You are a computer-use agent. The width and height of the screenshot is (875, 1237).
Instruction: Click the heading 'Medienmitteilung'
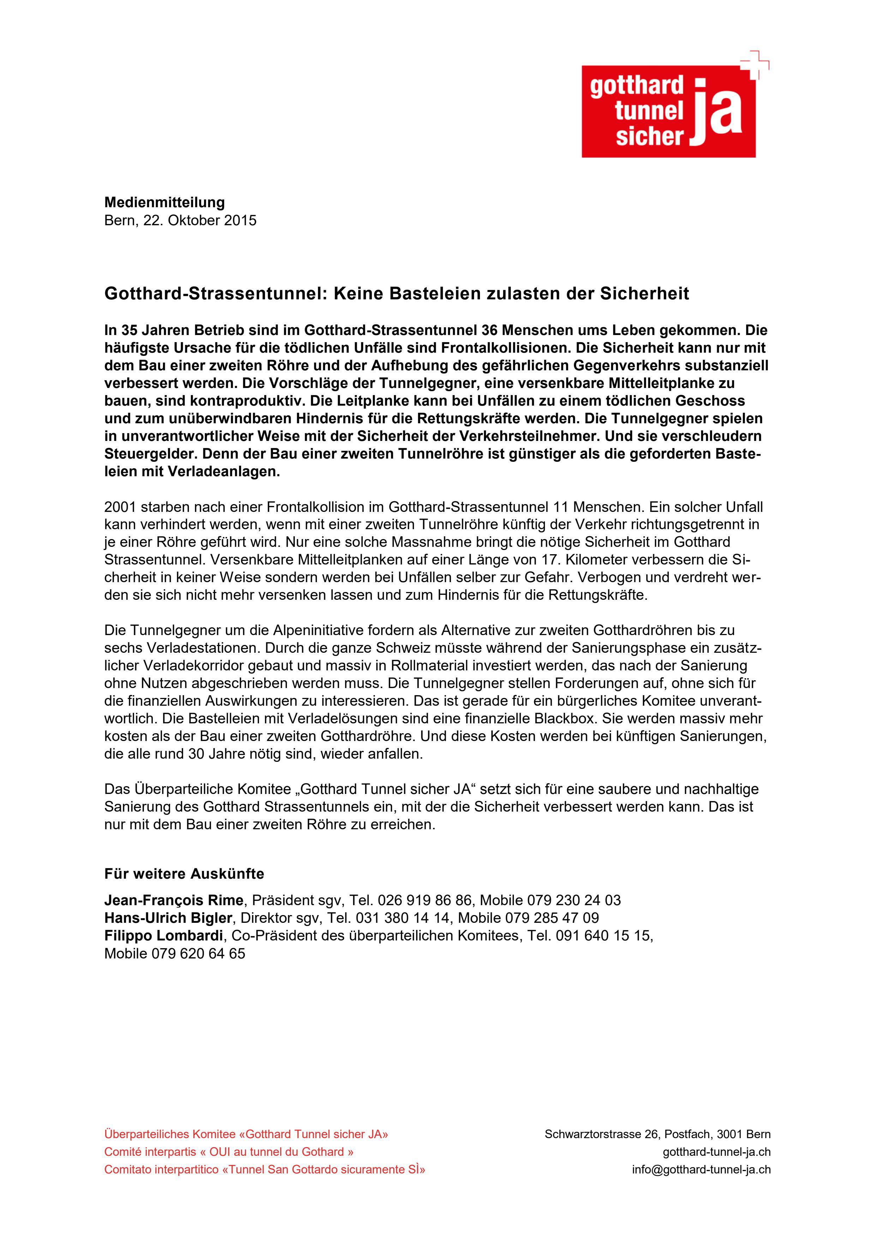coord(164,203)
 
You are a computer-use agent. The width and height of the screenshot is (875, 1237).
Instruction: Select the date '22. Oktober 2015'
coord(200,220)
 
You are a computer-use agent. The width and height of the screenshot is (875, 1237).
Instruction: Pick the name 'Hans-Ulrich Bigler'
coord(168,918)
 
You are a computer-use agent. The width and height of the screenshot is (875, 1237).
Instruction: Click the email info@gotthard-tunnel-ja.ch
coord(701,1170)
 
